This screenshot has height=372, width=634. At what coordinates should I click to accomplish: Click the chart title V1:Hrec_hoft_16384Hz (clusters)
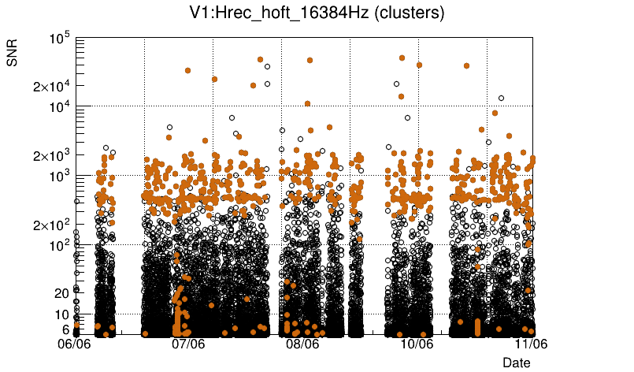(x=317, y=13)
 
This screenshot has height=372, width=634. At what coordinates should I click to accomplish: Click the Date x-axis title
(x=517, y=362)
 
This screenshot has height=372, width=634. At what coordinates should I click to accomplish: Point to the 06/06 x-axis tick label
(x=76, y=344)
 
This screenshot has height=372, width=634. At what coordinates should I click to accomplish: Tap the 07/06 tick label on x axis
(x=189, y=344)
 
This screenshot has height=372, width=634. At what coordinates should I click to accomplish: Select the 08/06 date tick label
(x=303, y=344)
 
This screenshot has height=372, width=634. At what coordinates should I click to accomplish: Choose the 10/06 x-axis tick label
(x=417, y=344)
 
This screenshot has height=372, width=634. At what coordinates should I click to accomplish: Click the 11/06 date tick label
(x=531, y=344)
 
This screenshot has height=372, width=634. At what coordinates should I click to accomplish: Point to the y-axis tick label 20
(x=63, y=293)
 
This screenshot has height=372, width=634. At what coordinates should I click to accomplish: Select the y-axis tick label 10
(x=63, y=314)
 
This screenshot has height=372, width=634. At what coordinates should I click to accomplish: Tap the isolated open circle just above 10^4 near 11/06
(x=501, y=99)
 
